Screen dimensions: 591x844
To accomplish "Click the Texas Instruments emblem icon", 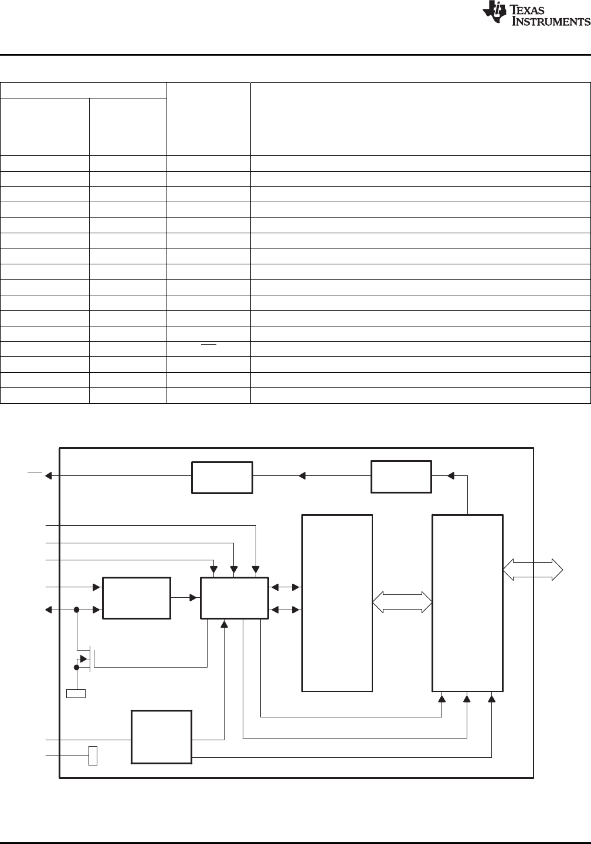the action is [494, 12].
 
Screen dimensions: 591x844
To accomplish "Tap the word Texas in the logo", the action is [527, 9].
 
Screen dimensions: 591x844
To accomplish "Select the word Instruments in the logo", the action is [551, 21].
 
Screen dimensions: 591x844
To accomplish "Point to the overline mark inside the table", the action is [209, 345].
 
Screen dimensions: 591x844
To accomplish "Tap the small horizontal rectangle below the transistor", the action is [76, 693].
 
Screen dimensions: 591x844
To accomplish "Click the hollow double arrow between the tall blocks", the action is [402, 602].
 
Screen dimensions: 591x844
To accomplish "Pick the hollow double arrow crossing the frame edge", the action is [533, 569].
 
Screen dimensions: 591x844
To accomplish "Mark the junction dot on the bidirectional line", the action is [76, 610].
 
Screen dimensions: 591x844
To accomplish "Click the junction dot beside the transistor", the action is [76, 667].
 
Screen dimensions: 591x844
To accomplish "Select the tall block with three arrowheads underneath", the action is [467, 603].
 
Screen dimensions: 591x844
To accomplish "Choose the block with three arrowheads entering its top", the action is [235, 598].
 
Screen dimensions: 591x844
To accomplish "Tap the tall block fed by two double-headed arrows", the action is [337, 603].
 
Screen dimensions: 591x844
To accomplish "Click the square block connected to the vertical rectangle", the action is [161, 737].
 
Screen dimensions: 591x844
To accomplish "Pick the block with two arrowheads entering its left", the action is [137, 598].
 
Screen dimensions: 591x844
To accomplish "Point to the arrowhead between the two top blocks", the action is [302, 476].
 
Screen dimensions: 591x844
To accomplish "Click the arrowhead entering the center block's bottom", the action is [224, 624].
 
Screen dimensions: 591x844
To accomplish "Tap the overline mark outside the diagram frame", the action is [35, 471].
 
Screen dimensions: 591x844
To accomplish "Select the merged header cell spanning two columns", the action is [83, 90].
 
